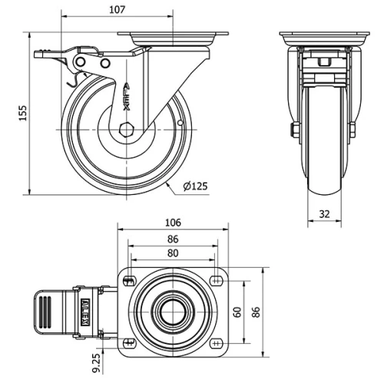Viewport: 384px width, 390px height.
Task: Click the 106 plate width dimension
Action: pos(174,223)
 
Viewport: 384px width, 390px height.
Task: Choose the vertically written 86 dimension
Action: pos(257,312)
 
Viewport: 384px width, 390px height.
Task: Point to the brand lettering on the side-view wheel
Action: pos(127,96)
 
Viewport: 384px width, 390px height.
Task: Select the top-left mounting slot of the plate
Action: pos(129,280)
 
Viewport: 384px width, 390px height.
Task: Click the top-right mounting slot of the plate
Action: pos(217,280)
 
